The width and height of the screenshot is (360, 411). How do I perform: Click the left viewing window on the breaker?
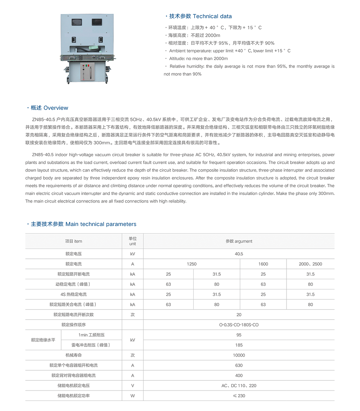(x=77, y=21)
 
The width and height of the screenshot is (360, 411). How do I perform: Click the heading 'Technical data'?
(x=212, y=16)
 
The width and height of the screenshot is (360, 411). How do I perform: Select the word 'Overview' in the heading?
(x=56, y=108)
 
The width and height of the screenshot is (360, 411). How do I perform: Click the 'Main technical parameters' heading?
(x=101, y=224)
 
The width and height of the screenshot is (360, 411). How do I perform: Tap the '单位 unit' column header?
(x=132, y=241)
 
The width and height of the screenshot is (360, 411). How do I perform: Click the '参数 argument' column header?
(x=239, y=241)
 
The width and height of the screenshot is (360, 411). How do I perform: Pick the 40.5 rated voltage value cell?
(x=239, y=254)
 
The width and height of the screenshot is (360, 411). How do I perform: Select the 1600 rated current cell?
(x=263, y=264)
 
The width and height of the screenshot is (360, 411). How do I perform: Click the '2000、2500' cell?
(x=310, y=264)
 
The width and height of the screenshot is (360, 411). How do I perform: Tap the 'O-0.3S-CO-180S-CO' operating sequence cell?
(x=239, y=325)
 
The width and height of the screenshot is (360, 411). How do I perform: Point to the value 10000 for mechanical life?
(x=239, y=355)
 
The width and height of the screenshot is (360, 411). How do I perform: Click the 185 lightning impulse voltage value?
(x=239, y=345)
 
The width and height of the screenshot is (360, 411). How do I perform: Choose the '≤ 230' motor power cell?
(x=239, y=396)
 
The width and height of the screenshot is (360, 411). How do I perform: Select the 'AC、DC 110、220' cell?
(x=239, y=386)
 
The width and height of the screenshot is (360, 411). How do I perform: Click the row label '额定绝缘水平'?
(x=43, y=340)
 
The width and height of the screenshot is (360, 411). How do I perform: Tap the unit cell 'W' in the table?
(x=132, y=396)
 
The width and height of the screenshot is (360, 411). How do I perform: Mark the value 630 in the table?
(x=239, y=365)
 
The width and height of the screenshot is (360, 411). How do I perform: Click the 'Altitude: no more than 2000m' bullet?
(x=198, y=59)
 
